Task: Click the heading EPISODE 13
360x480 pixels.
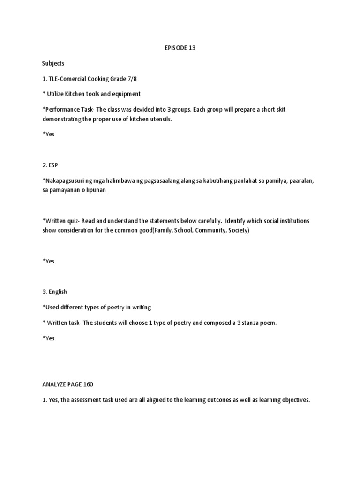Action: pos(180,48)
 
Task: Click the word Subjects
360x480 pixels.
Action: pos(53,63)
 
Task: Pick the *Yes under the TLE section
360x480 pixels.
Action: pos(48,134)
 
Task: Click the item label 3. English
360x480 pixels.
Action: pos(54,292)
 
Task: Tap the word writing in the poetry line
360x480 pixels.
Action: pos(140,307)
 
